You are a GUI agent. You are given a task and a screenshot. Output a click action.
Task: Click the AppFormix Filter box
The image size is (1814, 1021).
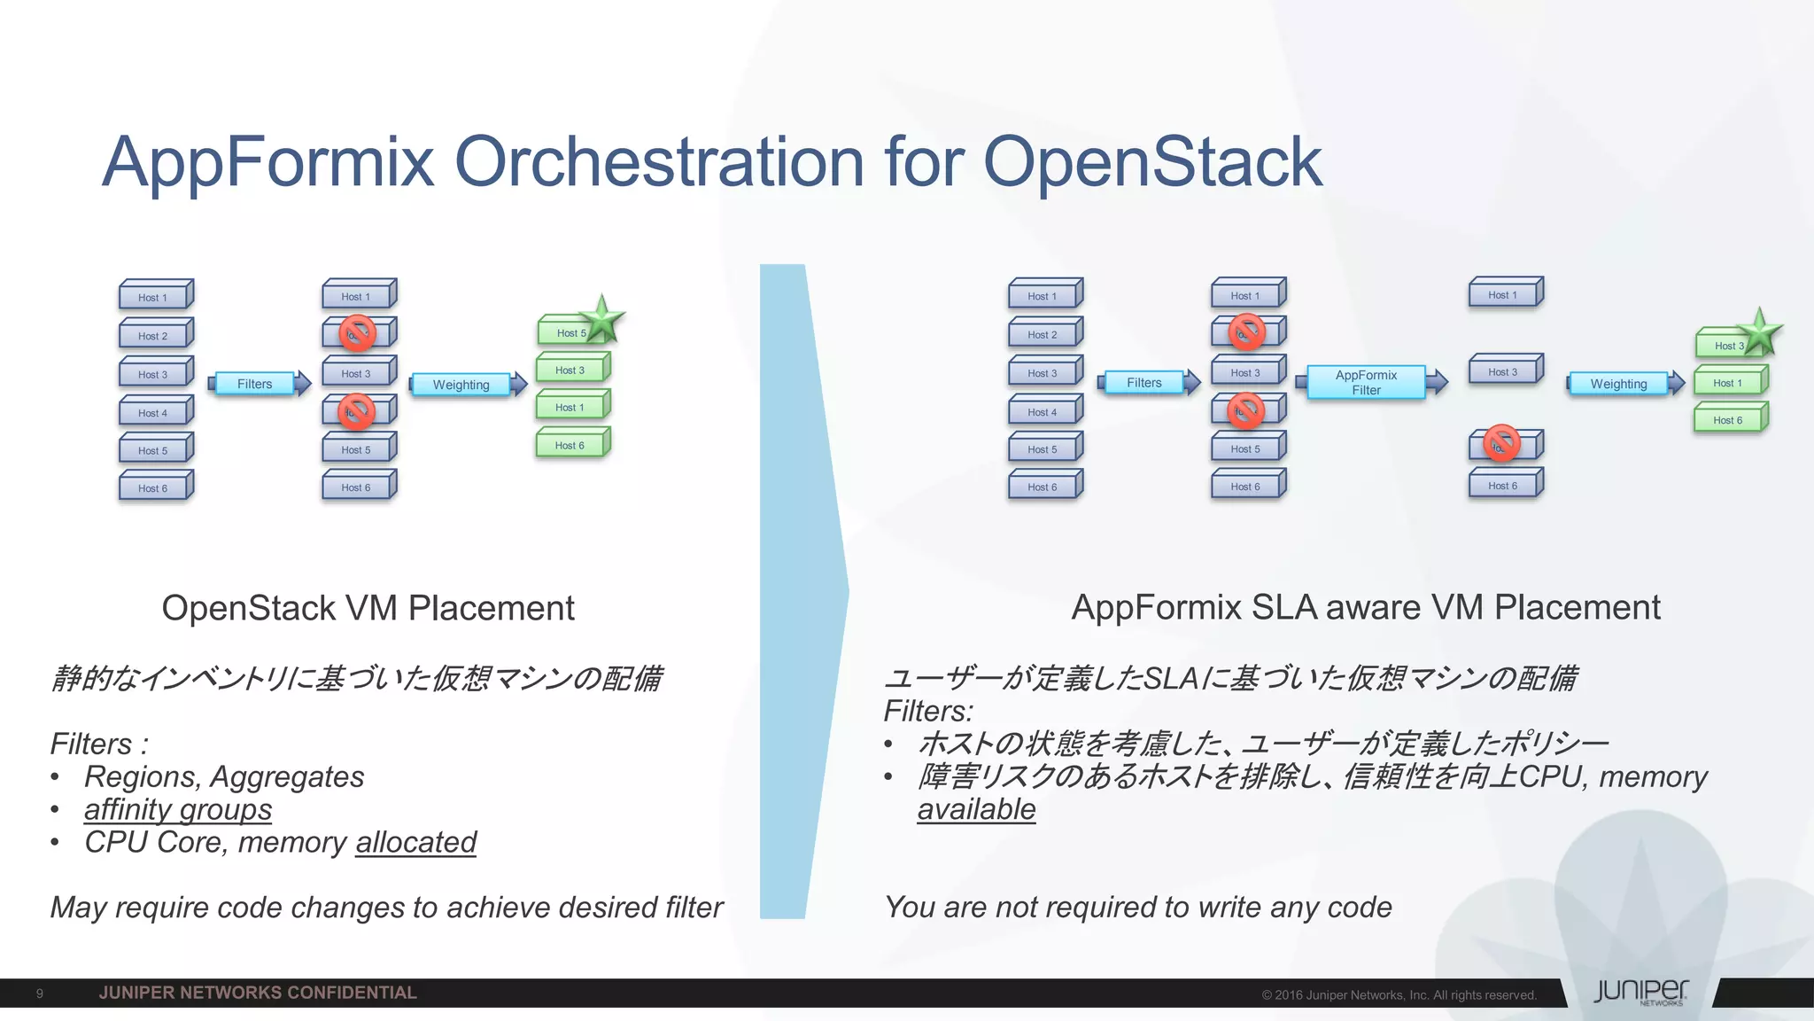point(1366,382)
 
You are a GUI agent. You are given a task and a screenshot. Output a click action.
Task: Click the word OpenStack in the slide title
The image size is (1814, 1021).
point(1151,161)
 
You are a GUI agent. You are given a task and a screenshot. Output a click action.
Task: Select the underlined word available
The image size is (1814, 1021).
point(976,809)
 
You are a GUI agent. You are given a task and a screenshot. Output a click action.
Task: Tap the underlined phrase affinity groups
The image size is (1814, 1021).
point(178,809)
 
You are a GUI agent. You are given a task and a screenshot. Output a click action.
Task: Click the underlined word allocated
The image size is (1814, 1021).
point(415,842)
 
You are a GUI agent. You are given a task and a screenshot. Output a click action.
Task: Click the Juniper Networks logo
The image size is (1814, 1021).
point(1640,992)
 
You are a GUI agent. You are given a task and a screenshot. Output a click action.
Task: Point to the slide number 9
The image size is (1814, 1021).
point(40,994)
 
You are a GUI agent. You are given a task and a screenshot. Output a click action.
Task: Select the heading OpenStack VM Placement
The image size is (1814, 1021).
point(368,608)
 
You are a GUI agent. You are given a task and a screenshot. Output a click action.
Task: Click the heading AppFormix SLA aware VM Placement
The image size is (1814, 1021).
point(1365,607)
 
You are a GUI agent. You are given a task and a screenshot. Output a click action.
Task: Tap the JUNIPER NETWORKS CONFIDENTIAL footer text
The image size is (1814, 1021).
point(258,993)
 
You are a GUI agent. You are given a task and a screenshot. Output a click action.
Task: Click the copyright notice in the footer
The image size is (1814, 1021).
point(1399,995)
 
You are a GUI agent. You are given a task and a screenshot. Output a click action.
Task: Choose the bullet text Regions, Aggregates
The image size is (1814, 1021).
point(224,776)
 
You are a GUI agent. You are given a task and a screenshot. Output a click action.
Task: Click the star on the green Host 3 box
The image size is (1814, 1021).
point(1759,332)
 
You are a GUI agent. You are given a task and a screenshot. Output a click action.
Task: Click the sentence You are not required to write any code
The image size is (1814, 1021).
point(1138,908)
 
